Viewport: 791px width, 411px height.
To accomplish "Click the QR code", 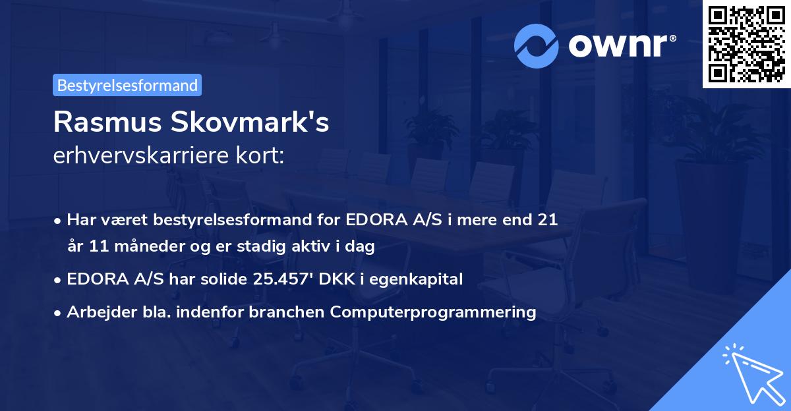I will pos(746,44).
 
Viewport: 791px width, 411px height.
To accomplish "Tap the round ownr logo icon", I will pos(537,45).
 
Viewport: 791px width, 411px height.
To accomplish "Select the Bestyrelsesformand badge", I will pos(127,85).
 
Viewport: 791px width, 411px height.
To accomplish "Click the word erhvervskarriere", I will pos(137,156).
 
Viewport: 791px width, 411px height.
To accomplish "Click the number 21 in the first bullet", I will pos(548,219).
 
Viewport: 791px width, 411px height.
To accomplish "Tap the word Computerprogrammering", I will pos(433,312).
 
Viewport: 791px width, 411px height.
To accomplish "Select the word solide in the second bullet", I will pos(223,279).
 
